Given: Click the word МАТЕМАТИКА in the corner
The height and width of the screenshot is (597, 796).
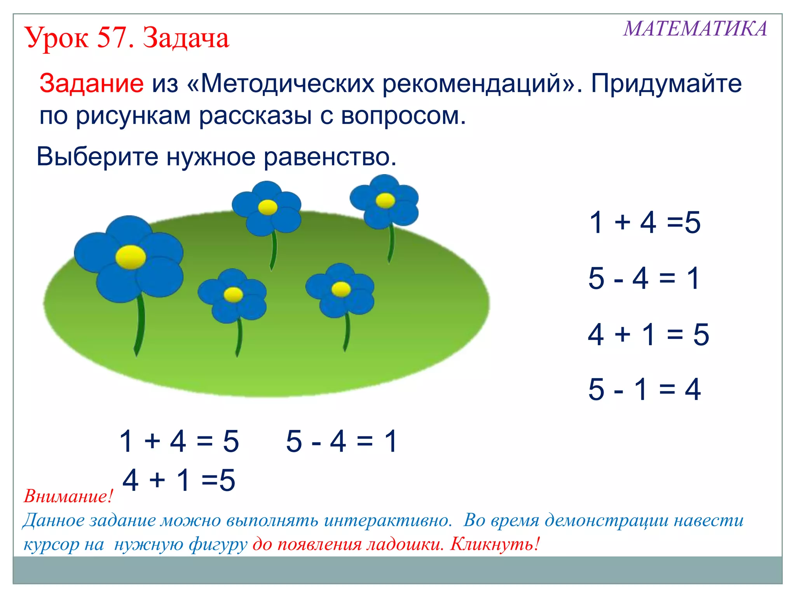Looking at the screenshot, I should [x=695, y=29].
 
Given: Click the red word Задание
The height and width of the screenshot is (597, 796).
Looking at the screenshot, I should [x=91, y=83].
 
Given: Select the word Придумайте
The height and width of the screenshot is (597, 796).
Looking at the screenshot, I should [x=666, y=83].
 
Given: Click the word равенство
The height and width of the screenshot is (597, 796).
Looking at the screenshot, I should [x=330, y=157].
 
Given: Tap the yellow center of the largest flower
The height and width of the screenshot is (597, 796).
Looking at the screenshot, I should [x=131, y=257].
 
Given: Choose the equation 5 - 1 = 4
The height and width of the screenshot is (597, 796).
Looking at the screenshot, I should [x=644, y=389].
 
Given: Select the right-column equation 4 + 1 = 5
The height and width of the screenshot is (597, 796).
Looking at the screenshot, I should [x=648, y=334].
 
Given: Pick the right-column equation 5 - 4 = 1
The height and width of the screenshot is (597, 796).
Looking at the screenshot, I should [x=644, y=278].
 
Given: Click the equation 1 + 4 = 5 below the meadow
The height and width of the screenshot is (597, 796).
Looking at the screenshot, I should [x=179, y=441].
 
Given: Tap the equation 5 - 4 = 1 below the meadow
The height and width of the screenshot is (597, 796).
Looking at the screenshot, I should [x=341, y=441].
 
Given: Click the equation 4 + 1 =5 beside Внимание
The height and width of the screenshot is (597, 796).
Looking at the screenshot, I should [x=179, y=480].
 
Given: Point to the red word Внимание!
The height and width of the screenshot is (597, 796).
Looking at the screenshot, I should [x=68, y=496].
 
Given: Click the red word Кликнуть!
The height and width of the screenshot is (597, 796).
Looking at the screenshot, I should [x=495, y=544].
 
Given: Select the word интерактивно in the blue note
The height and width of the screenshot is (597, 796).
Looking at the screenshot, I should [x=388, y=520].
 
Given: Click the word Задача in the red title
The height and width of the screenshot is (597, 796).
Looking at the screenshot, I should [x=186, y=39].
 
